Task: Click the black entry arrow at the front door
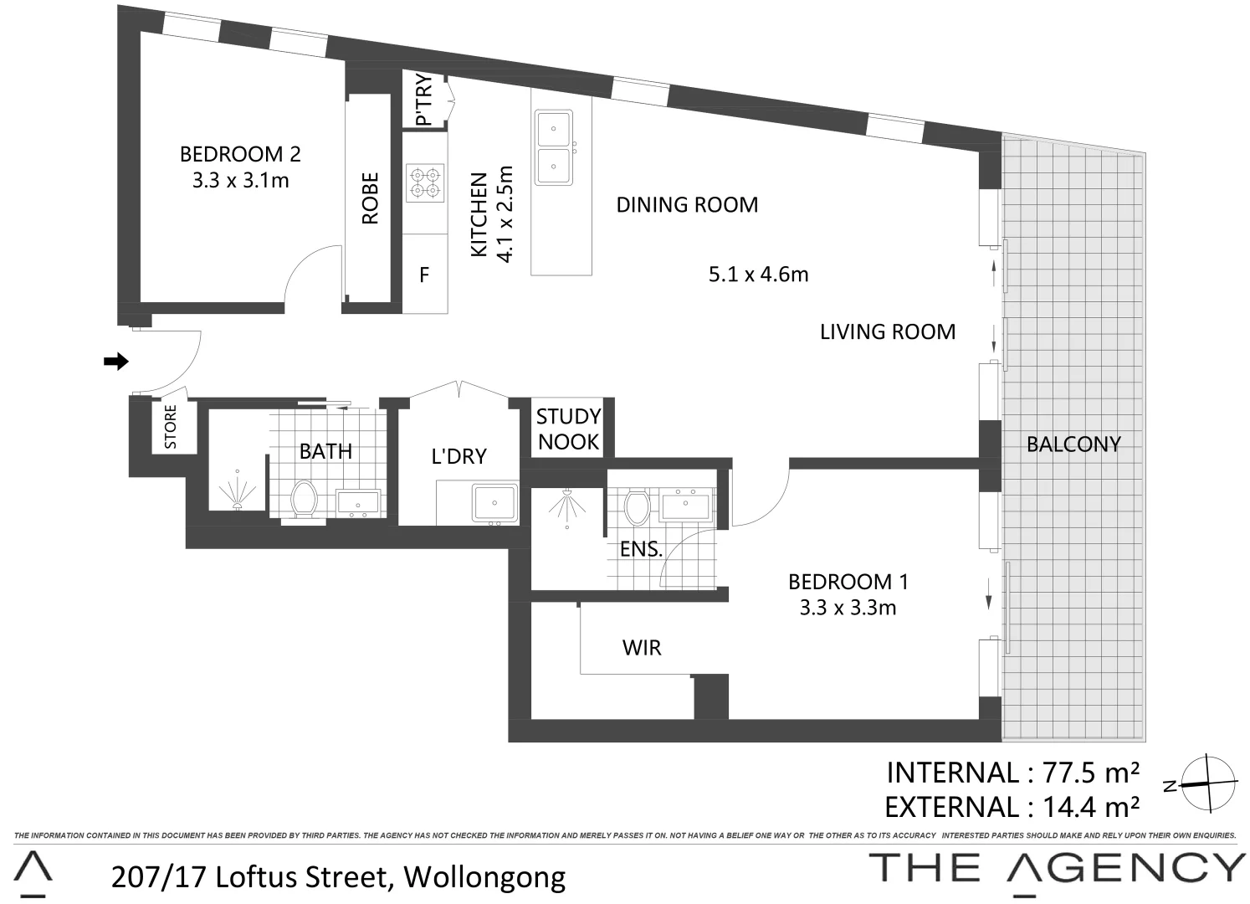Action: pyautogui.click(x=115, y=362)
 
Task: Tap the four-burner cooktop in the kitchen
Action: pyautogui.click(x=424, y=183)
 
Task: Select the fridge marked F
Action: pyautogui.click(x=424, y=275)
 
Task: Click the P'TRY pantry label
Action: pyautogui.click(x=424, y=100)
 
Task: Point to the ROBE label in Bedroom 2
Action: pyautogui.click(x=370, y=198)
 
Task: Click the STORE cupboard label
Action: pyautogui.click(x=171, y=427)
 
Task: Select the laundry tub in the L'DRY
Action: pyautogui.click(x=494, y=503)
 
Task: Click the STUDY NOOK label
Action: pyautogui.click(x=568, y=429)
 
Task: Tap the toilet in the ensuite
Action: pyautogui.click(x=638, y=507)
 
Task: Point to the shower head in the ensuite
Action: pyautogui.click(x=567, y=505)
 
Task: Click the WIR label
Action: pyautogui.click(x=642, y=647)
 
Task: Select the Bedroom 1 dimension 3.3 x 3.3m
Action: pyautogui.click(x=848, y=608)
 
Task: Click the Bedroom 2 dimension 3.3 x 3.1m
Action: pyautogui.click(x=240, y=180)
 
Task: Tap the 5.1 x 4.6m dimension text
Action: pyautogui.click(x=758, y=274)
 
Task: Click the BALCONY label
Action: pyautogui.click(x=1073, y=444)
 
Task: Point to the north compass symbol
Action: pyautogui.click(x=1208, y=783)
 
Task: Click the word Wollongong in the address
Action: pyautogui.click(x=484, y=876)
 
